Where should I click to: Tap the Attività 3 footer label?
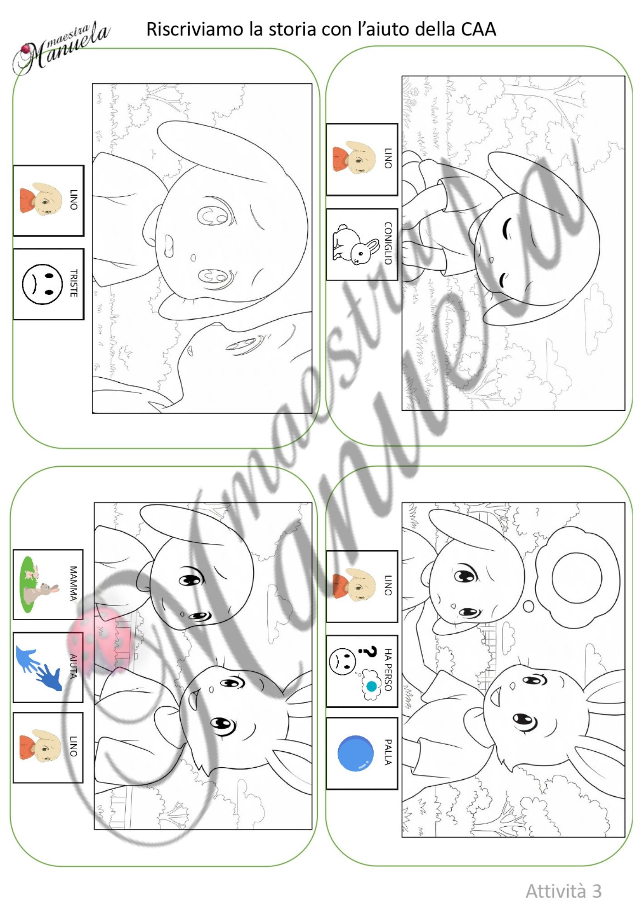click(x=563, y=891)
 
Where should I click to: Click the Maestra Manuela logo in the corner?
click(x=61, y=48)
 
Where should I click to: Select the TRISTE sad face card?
click(x=49, y=284)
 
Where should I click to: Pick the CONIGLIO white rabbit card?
click(x=362, y=244)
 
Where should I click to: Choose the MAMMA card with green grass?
click(x=48, y=584)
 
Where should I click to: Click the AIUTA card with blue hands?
click(x=48, y=667)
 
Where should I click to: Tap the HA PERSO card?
click(x=362, y=671)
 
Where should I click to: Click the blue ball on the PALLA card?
click(x=356, y=753)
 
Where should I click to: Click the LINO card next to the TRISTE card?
click(x=49, y=201)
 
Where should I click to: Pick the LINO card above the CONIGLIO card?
click(x=362, y=159)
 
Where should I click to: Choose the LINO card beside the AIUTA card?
click(x=48, y=747)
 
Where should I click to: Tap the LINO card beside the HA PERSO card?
click(x=362, y=586)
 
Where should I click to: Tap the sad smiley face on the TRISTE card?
click(x=42, y=284)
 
